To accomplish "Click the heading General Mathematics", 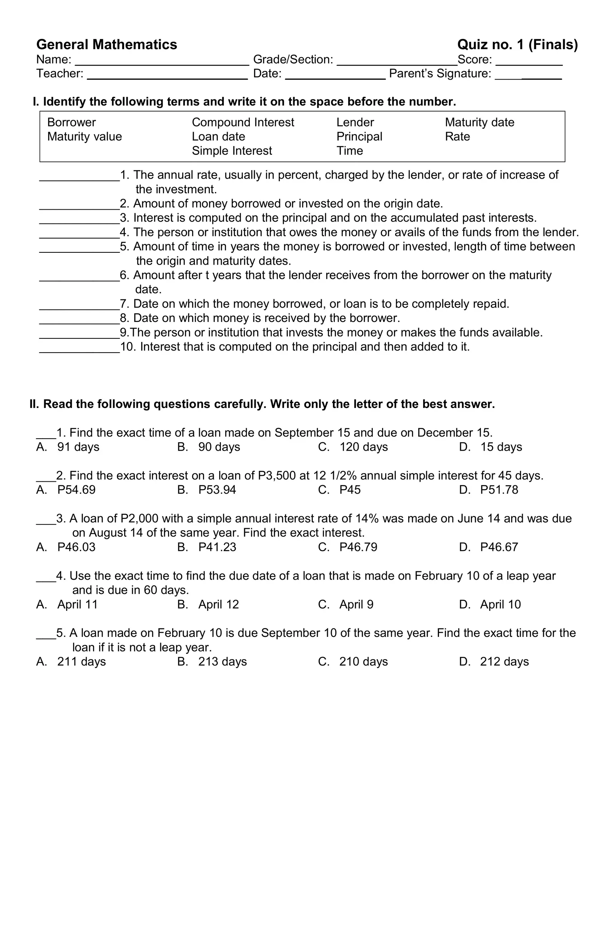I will pyautogui.click(x=106, y=45).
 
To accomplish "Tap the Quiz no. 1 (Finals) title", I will pyautogui.click(x=517, y=45).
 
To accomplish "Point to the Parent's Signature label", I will pyautogui.click(x=440, y=74).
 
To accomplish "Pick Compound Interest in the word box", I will pyautogui.click(x=243, y=123).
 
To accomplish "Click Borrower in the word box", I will pyautogui.click(x=71, y=123).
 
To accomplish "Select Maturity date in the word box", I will pyautogui.click(x=479, y=123).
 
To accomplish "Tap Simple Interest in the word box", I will pyautogui.click(x=232, y=151).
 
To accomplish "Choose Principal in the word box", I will pyautogui.click(x=359, y=137).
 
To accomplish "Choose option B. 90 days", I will pyautogui.click(x=209, y=447).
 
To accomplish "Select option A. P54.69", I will pyautogui.click(x=66, y=490).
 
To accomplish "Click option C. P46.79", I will pyautogui.click(x=347, y=547).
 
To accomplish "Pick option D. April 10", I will pyautogui.click(x=490, y=604).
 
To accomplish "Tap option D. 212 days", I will pyautogui.click(x=494, y=661).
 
